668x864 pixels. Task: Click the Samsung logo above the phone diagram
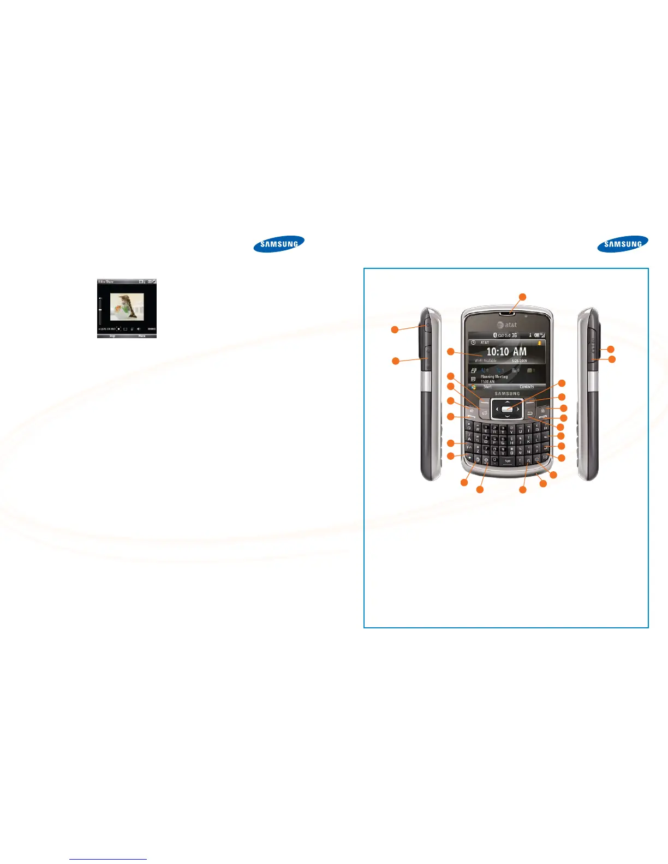(x=623, y=244)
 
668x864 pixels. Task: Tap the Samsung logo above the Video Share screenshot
(x=279, y=244)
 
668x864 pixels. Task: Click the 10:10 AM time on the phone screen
(x=506, y=352)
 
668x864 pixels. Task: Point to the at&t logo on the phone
(x=508, y=325)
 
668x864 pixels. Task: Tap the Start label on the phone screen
(x=487, y=387)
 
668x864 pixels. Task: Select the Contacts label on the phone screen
(x=527, y=387)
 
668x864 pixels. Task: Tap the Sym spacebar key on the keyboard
(x=508, y=461)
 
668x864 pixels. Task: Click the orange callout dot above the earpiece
(x=522, y=296)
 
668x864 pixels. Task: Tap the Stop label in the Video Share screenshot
(x=112, y=336)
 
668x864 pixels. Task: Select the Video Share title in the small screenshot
(x=106, y=281)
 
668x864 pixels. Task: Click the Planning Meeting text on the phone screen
(x=494, y=376)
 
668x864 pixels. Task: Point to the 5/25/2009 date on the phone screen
(x=519, y=361)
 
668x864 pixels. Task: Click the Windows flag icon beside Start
(x=474, y=387)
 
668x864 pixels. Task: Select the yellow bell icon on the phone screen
(x=539, y=343)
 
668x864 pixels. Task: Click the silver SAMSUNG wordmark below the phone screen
(x=508, y=394)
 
